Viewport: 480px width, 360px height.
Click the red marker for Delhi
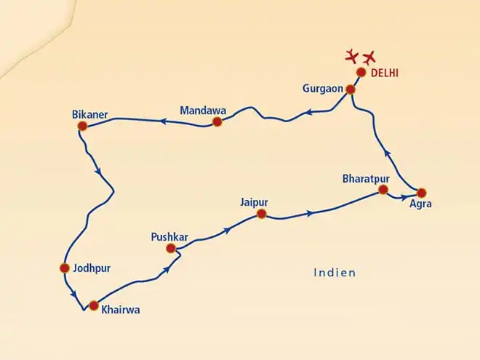click(x=361, y=72)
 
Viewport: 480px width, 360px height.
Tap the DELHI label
click(x=385, y=73)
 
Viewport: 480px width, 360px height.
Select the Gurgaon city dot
click(x=350, y=89)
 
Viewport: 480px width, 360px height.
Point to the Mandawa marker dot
click(x=217, y=121)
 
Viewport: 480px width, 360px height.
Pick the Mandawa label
click(x=203, y=111)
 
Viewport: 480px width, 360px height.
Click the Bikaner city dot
click(x=82, y=126)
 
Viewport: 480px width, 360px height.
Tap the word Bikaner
click(x=90, y=114)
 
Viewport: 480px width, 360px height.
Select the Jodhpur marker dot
click(x=64, y=268)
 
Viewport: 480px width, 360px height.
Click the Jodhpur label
click(x=92, y=268)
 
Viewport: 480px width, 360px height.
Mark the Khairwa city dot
click(x=92, y=305)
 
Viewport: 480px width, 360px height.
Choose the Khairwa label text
click(x=121, y=310)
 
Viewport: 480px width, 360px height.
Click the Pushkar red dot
click(x=171, y=248)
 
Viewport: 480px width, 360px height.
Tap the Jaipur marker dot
click(x=261, y=214)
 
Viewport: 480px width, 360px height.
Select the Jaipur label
click(x=255, y=201)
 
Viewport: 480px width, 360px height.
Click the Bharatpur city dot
click(x=383, y=191)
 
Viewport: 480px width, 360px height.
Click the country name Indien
click(x=335, y=273)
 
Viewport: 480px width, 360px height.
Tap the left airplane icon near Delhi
click(x=352, y=55)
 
